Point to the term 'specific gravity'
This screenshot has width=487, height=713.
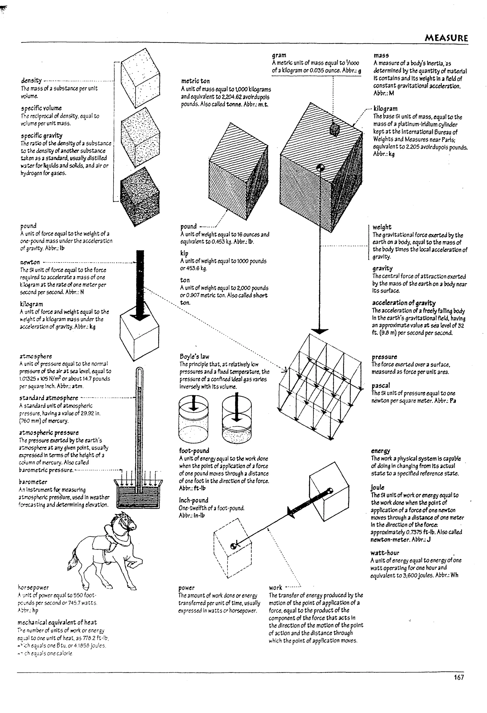(42, 136)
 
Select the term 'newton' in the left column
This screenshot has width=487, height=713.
(30, 262)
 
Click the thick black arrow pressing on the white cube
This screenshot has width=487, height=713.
(140, 285)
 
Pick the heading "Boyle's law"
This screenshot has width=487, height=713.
(194, 356)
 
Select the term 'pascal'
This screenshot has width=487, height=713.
(381, 386)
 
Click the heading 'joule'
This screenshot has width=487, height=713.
(377, 487)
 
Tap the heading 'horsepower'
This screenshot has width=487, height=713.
(33, 588)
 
